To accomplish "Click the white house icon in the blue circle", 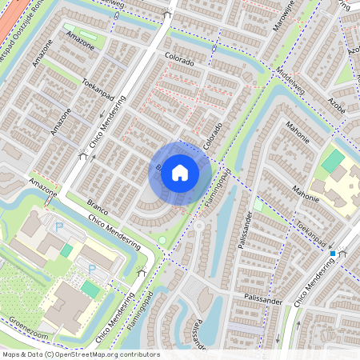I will coord(180,172).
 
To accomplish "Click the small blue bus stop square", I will coord(333,253).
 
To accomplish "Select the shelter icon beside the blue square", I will coord(343,253).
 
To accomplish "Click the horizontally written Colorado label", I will coord(179,60).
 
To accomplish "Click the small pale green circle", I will coord(162,239).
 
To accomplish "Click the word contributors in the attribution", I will coord(138,354).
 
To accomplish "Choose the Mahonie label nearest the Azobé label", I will coord(298,132).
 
